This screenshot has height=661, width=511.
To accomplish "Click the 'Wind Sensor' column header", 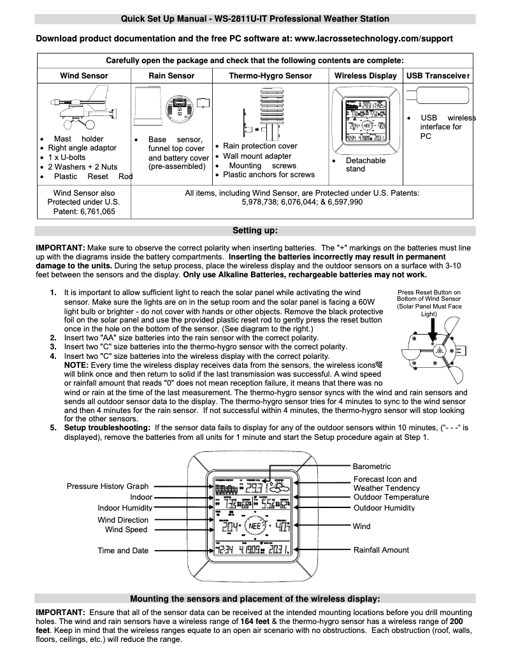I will click(x=84, y=76).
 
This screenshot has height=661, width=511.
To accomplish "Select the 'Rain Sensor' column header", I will click(x=171, y=76).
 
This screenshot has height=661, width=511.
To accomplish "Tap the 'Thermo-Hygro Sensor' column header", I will click(x=270, y=76).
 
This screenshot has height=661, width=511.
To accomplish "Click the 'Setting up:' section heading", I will click(x=255, y=230).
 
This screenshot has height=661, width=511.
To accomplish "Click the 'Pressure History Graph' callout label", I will click(x=106, y=486).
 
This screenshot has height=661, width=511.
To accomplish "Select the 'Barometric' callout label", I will click(x=372, y=467).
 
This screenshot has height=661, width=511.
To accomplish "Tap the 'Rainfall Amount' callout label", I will click(x=382, y=549).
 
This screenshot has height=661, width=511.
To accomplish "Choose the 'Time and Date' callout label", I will click(x=122, y=550).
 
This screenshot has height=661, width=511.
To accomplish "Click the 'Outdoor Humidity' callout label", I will click(x=384, y=508).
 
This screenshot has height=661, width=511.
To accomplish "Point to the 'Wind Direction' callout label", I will click(x=123, y=519).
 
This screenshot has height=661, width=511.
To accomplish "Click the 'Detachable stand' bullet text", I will click(x=365, y=164).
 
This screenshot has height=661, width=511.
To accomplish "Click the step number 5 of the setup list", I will click(x=54, y=427).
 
